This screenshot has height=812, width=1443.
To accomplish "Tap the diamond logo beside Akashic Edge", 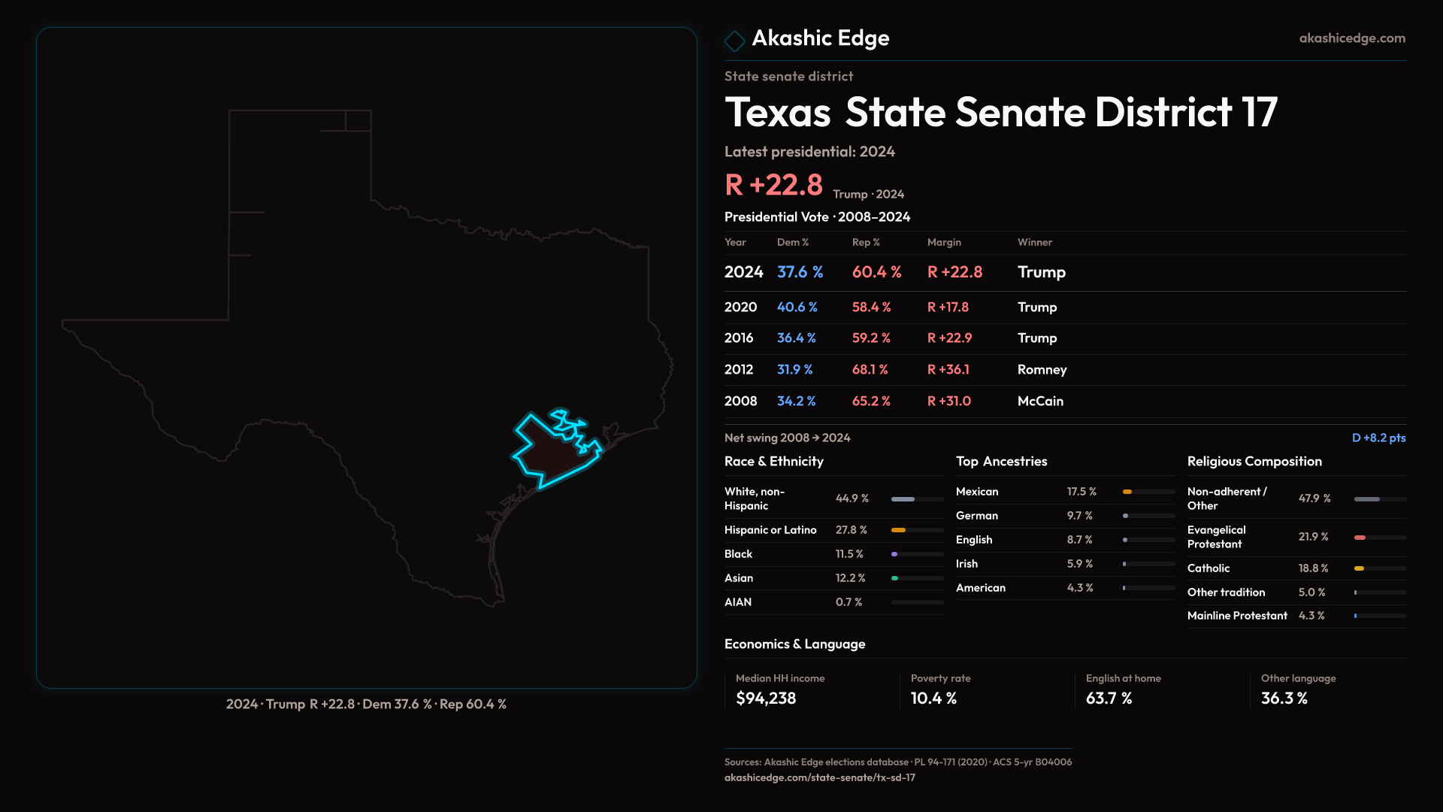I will pos(734,41).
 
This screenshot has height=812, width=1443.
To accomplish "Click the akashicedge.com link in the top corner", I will pos(1352,38).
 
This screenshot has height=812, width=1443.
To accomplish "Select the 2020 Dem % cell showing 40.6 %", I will pos(797,308).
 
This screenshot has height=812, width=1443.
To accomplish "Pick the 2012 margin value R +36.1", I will pos(948,370).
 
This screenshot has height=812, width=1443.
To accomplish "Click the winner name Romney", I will pos(1042,370).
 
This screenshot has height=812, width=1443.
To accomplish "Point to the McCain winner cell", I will pos(1040,401).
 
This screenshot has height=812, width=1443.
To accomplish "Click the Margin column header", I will pos(944,243).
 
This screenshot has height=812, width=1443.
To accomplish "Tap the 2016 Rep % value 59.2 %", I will pos(871,338).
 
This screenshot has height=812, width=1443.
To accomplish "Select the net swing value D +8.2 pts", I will pos(1378,438).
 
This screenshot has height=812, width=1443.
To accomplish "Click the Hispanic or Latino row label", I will pos(770,530).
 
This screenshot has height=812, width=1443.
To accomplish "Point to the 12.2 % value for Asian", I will pos(850,578).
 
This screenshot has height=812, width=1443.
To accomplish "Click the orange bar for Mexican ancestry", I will pos(1127,492).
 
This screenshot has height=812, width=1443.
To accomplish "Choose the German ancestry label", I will pos(977,516).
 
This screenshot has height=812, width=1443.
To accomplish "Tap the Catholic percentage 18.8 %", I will pos(1313,568).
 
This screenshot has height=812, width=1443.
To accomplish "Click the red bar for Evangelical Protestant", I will pos(1360,538).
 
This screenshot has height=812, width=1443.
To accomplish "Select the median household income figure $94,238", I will pos(766,698).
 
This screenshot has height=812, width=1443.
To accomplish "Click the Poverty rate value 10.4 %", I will pos(933,698).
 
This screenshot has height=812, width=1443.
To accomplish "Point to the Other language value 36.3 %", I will pos(1284,698).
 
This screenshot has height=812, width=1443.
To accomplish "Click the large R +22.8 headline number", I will pos(773,185).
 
